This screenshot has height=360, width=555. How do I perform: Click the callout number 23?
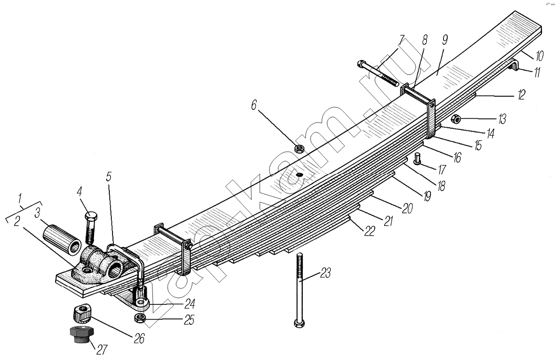[x=326, y=273]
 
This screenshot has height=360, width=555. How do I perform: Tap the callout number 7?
[x=402, y=41]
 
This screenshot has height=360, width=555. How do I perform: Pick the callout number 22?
[x=369, y=232]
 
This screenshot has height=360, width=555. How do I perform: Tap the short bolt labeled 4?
[x=90, y=226]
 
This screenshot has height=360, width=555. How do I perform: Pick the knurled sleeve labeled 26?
[x=81, y=314]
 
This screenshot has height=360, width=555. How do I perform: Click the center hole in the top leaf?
[x=298, y=174]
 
